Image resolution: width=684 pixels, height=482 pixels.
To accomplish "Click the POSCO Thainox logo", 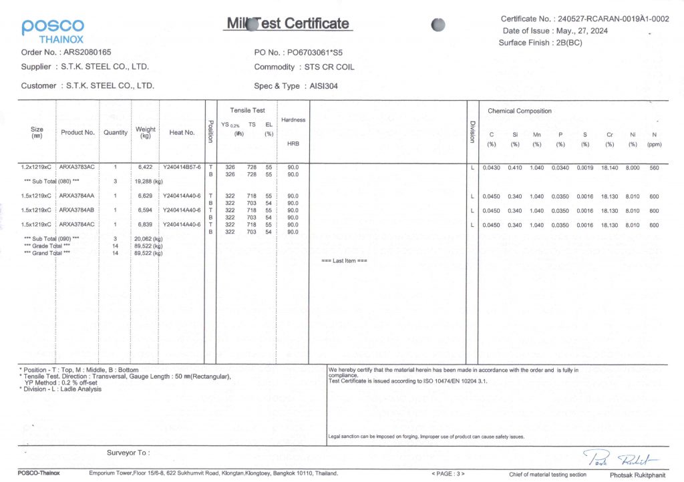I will tap(53, 31).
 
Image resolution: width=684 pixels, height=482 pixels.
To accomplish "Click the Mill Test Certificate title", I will tap(288, 24).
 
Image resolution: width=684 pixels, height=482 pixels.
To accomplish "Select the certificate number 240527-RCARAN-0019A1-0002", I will tap(613, 19).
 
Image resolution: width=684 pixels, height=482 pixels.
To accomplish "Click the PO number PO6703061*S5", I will tap(316, 51).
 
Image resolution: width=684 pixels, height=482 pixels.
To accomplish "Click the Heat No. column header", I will tap(182, 132).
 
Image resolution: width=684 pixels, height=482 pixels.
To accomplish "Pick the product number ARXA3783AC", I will tap(77, 167).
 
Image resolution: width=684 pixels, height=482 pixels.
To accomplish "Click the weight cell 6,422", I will tap(146, 167).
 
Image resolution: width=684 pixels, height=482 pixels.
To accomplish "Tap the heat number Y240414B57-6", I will tap(182, 167).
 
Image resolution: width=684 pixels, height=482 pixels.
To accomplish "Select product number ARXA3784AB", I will tap(77, 210).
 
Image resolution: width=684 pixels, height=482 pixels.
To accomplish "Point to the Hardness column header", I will tap(293, 120).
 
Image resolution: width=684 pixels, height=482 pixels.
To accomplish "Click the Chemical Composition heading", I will tap(520, 111).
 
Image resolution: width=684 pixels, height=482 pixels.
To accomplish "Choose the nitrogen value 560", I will tap(654, 167).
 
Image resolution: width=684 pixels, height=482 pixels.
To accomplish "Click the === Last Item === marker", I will tap(344, 260).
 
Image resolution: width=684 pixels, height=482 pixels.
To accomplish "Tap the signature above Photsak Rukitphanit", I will tap(621, 459).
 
